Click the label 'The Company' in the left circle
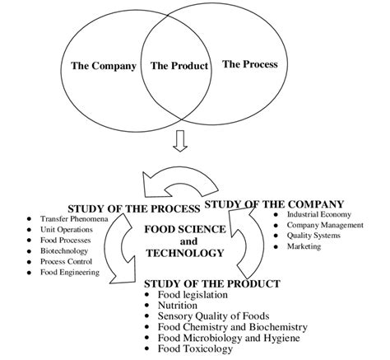point(103,66)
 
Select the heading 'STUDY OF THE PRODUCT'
point(211,283)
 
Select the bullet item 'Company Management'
point(324,226)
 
